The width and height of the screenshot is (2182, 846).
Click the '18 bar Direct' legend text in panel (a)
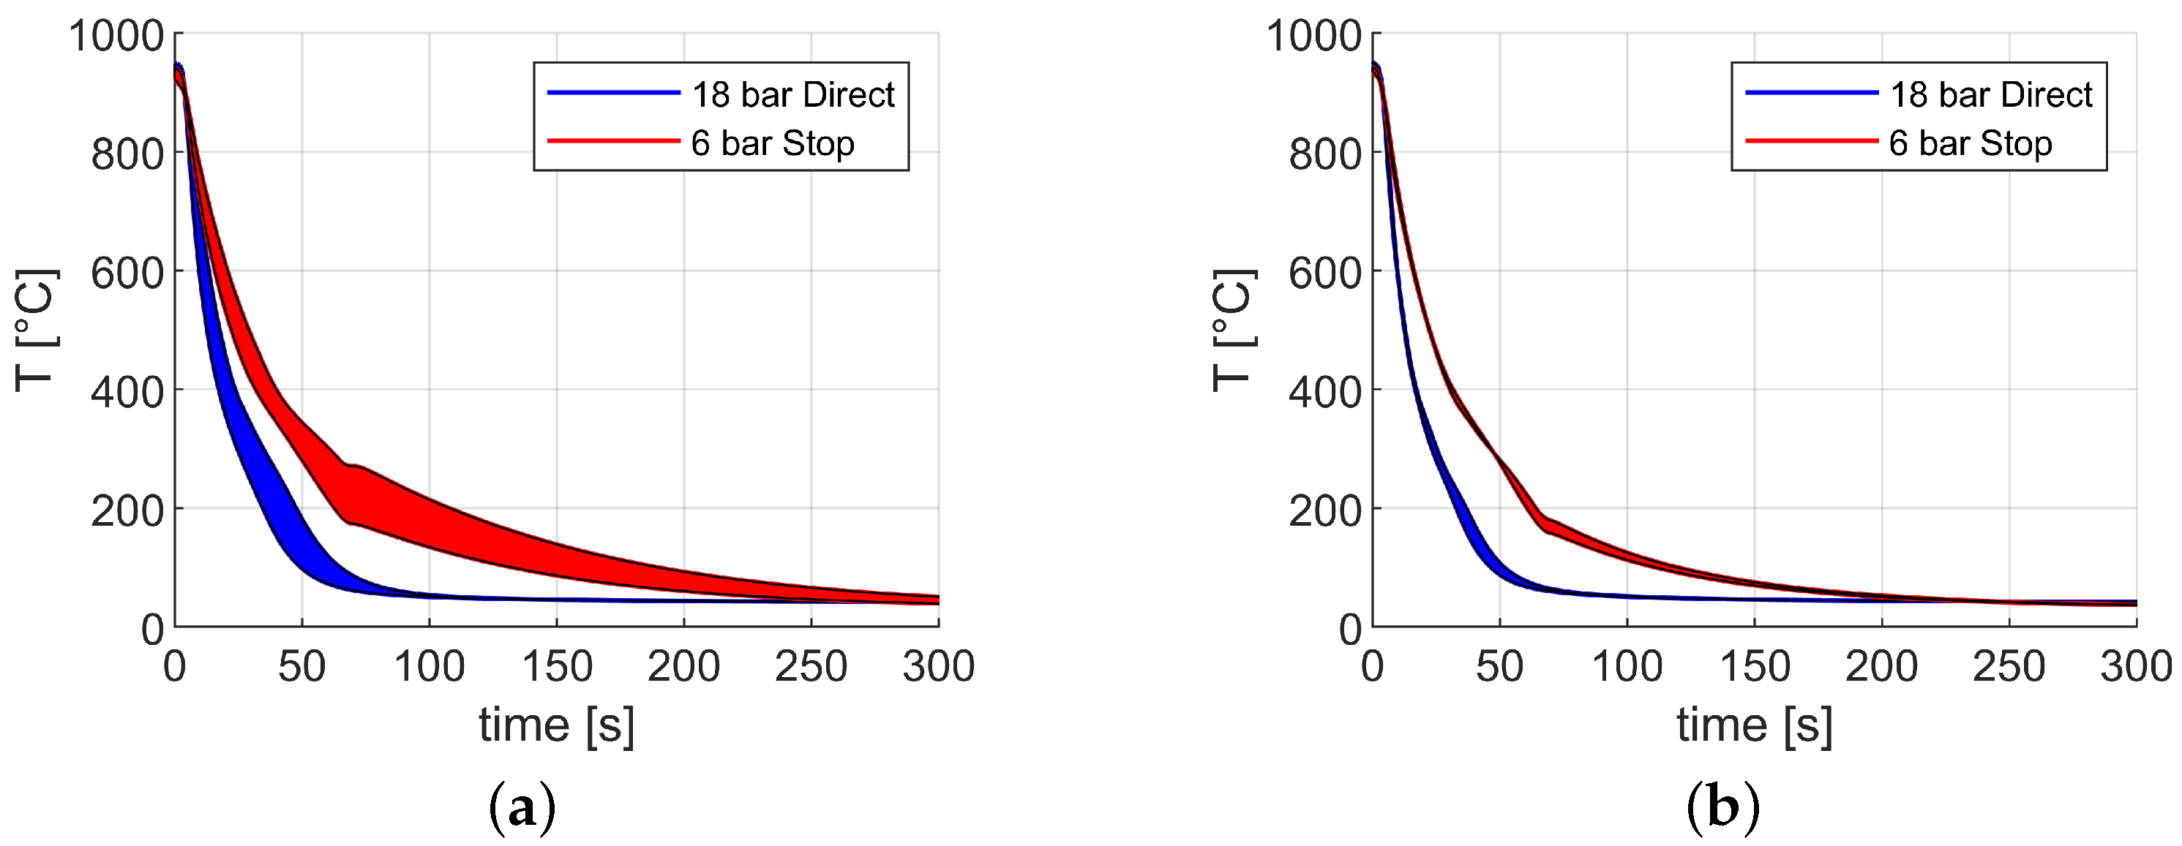[x=793, y=95]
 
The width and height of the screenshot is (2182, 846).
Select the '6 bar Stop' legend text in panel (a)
[x=773, y=143]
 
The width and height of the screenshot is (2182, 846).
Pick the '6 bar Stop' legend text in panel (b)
[x=1971, y=143]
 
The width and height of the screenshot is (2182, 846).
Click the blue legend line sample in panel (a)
[x=613, y=92]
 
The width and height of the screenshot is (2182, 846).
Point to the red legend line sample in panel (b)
[x=1811, y=140]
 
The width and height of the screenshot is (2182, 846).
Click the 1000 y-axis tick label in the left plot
[x=116, y=37]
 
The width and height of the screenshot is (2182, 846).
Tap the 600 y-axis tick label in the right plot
[x=1324, y=273]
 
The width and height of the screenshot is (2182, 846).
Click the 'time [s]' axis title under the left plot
[x=557, y=726]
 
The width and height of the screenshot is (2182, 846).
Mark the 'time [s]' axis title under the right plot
[x=1754, y=726]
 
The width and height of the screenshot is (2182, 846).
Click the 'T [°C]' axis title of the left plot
[x=37, y=330]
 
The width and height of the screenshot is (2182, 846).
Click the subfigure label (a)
[x=522, y=807]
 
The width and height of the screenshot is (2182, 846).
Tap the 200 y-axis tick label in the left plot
[x=127, y=512]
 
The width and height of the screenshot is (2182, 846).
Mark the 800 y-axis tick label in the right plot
[x=1324, y=155]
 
